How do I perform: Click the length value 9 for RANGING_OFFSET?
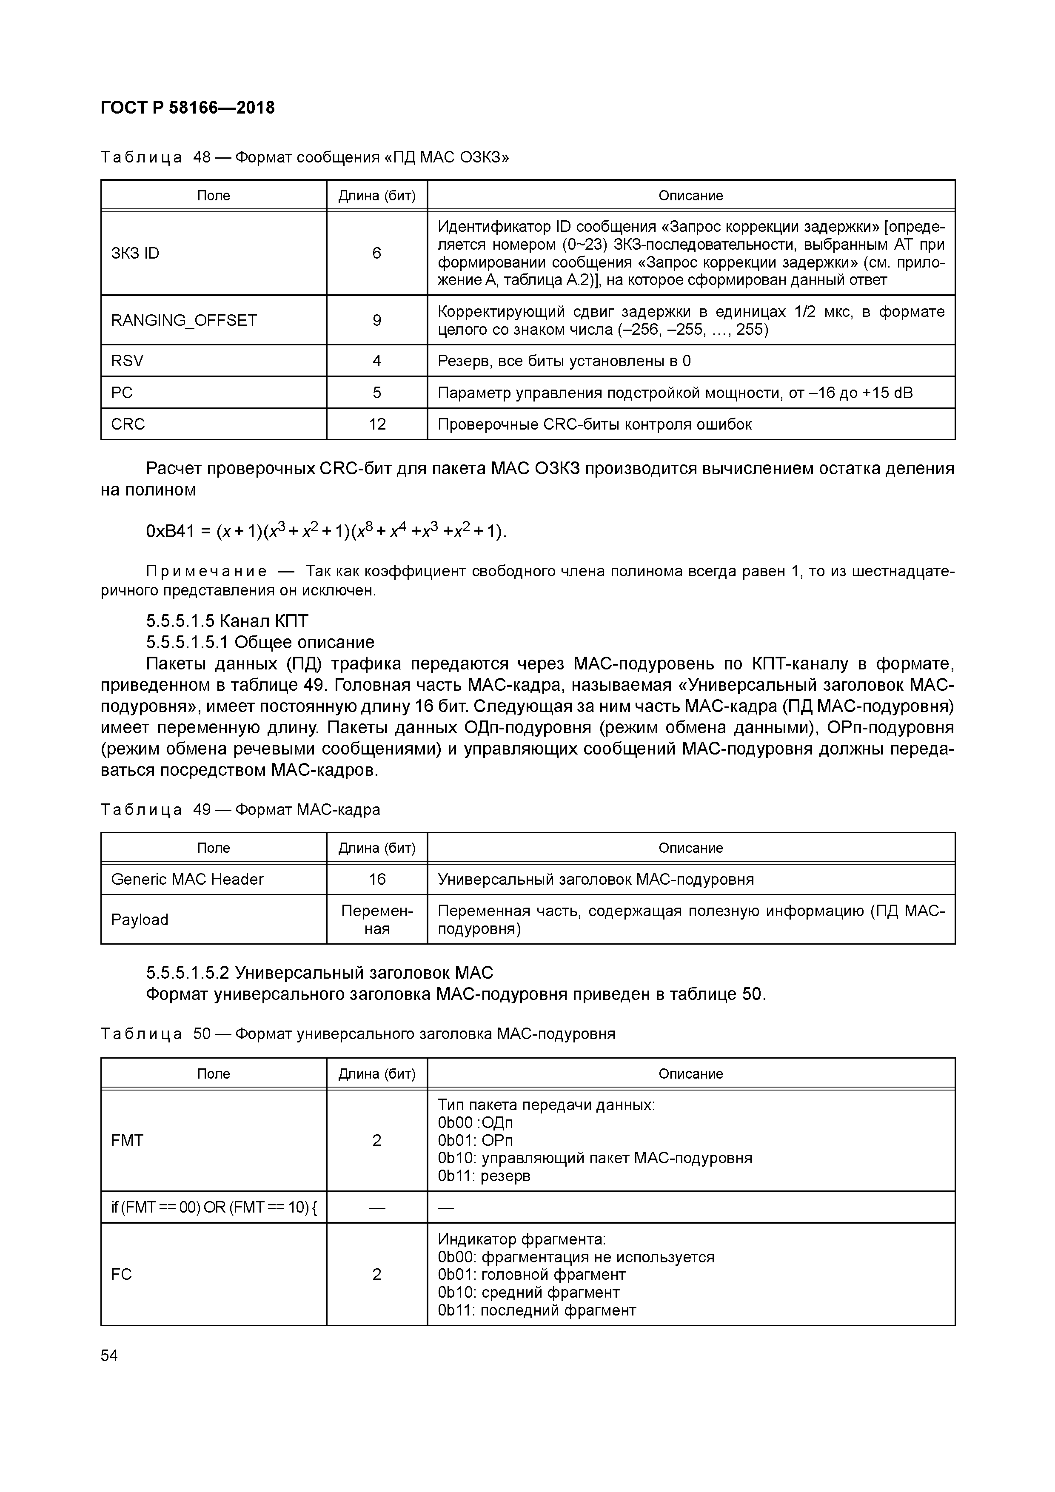[376, 320]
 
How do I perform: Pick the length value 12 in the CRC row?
[377, 424]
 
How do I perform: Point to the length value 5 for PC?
[376, 393]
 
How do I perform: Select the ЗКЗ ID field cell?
[135, 253]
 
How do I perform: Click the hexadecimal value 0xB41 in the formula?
[170, 532]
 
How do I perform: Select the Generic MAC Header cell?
[187, 879]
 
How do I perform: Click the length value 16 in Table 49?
[377, 879]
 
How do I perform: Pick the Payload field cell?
[140, 920]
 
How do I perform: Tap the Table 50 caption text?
[357, 1033]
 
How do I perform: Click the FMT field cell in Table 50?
[127, 1140]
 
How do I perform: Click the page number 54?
[109, 1355]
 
